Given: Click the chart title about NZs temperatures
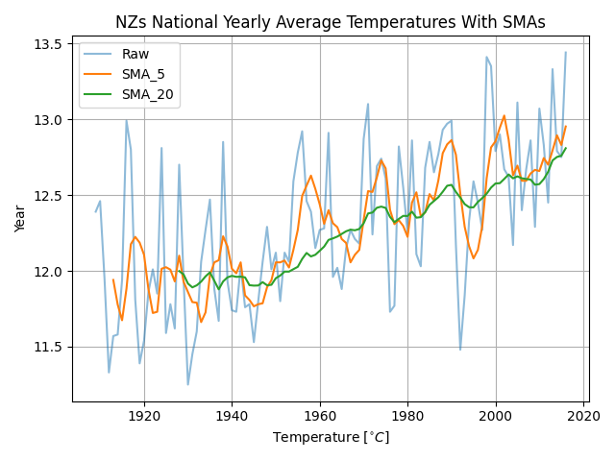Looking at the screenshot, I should [x=330, y=22].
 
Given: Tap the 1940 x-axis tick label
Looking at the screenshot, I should [x=232, y=417].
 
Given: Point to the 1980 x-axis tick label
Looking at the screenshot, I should [x=407, y=417].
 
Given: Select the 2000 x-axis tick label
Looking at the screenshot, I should [x=495, y=417].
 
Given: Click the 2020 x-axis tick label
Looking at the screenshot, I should [x=582, y=417].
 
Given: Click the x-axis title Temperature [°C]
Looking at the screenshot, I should [x=330, y=438].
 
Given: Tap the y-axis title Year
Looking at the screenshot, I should [x=21, y=218].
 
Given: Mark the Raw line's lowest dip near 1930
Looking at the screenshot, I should [x=187, y=385].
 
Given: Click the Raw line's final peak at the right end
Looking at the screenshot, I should [x=565, y=53].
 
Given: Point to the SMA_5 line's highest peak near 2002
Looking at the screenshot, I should [x=504, y=116].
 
